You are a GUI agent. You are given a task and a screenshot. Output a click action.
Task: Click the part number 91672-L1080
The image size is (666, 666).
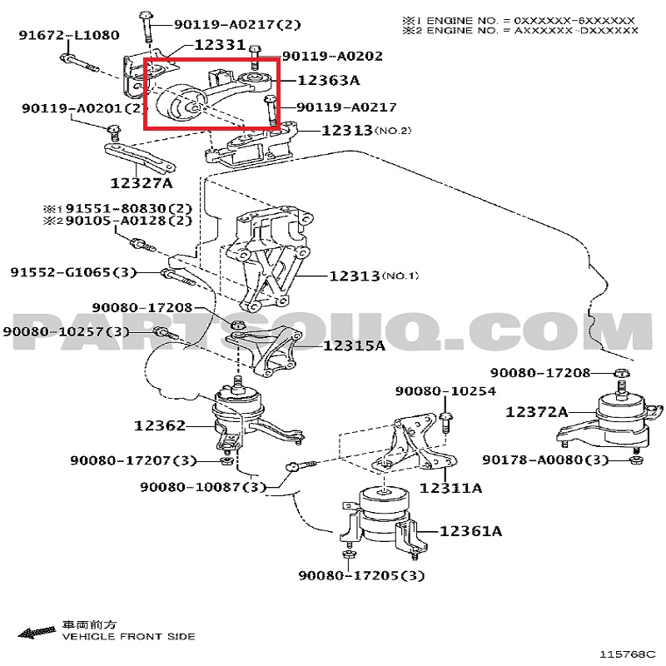point(69,35)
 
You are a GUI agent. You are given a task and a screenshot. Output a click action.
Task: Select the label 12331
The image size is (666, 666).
point(220,45)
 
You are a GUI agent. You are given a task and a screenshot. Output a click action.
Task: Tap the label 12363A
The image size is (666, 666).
point(328,80)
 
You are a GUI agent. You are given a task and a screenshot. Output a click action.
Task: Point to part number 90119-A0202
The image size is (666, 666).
point(332,56)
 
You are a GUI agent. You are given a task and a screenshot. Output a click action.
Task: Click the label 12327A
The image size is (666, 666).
point(142,183)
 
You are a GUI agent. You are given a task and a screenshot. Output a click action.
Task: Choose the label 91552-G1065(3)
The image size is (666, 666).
point(73,272)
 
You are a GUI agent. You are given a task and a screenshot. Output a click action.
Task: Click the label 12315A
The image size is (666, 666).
point(355,345)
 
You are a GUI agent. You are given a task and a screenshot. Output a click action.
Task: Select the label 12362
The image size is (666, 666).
point(160,425)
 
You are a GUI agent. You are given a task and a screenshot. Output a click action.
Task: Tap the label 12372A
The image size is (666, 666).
point(536,411)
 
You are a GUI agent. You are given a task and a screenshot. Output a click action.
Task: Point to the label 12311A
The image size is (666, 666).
point(450,488)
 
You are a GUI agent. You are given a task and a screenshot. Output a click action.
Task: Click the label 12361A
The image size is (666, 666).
point(470,531)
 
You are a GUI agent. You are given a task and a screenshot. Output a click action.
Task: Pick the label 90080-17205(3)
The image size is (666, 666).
point(361,575)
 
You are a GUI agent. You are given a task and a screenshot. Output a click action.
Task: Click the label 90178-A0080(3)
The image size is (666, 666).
point(545,460)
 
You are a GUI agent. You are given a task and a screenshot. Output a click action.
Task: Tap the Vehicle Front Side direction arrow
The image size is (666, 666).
point(37,632)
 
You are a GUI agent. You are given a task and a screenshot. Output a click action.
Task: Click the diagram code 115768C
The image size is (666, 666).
point(628,654)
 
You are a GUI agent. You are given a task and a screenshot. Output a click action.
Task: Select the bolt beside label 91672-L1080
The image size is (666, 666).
point(79,63)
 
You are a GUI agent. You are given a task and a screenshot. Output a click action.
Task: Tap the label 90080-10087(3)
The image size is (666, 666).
point(203,486)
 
